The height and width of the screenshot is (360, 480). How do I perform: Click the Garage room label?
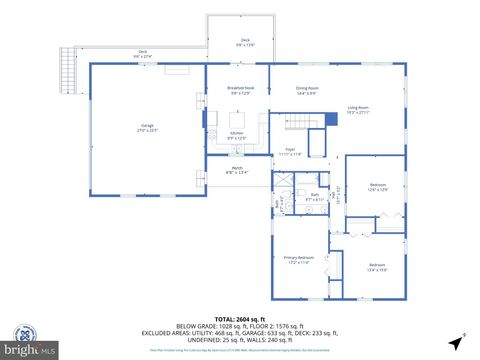coord(148,128)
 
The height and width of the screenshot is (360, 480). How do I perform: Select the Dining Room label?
coord(307,91)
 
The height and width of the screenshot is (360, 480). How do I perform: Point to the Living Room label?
coord(358,109)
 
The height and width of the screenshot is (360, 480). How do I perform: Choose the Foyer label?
coord(290,152)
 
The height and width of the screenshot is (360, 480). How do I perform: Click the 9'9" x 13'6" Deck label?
coord(244,43)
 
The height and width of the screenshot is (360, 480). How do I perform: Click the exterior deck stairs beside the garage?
coord(69,69)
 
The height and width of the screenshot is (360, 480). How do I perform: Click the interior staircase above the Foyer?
coord(318,120)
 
